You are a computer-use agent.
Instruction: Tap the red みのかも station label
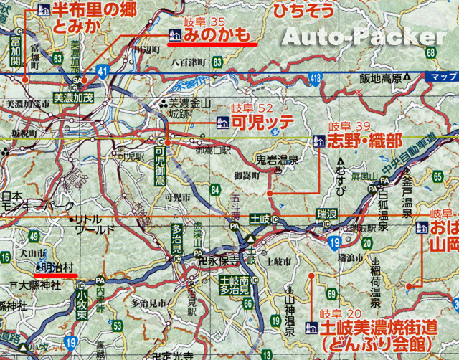click(x=216, y=34)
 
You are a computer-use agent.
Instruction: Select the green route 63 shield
click(x=57, y=58)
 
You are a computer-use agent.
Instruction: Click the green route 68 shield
click(x=430, y=52)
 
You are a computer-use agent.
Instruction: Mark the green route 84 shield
click(x=214, y=189)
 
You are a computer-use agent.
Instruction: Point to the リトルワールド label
click(x=94, y=224)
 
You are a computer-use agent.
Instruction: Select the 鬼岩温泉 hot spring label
click(x=278, y=161)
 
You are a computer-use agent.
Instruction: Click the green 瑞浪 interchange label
click(x=326, y=214)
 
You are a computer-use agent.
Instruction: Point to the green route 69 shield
click(x=332, y=294)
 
